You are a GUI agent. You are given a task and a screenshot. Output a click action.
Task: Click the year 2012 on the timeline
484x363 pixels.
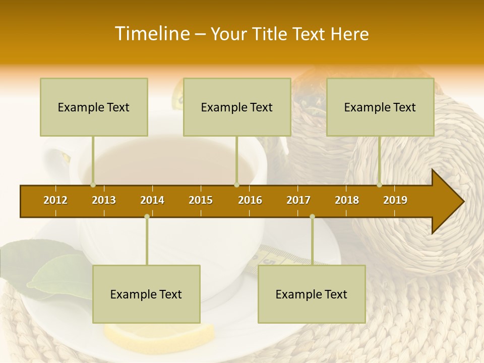pyautogui.click(x=55, y=200)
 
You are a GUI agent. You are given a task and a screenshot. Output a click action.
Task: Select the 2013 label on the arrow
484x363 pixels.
pyautogui.click(x=104, y=200)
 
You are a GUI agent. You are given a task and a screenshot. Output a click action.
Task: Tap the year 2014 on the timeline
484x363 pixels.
pyautogui.click(x=152, y=200)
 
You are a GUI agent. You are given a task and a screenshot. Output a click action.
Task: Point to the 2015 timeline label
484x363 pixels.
pyautogui.click(x=201, y=200)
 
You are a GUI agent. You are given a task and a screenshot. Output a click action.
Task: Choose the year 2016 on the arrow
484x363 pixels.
pyautogui.click(x=250, y=200)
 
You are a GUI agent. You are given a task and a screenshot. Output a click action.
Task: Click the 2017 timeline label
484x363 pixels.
pyautogui.click(x=298, y=200)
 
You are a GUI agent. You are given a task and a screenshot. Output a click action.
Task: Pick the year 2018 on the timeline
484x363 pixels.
pyautogui.click(x=347, y=200)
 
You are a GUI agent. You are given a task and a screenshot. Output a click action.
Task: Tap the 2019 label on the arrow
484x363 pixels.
pyautogui.click(x=395, y=200)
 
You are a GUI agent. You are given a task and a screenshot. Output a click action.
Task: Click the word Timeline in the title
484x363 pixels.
pyautogui.click(x=152, y=34)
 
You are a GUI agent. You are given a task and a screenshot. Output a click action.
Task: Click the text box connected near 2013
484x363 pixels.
pyautogui.click(x=94, y=107)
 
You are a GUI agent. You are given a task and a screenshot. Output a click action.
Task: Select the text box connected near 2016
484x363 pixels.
pyautogui.click(x=237, y=107)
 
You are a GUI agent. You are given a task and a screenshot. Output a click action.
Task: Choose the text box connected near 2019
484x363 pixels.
pyautogui.click(x=380, y=107)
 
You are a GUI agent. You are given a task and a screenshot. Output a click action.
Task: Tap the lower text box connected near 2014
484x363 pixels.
pyautogui.click(x=146, y=294)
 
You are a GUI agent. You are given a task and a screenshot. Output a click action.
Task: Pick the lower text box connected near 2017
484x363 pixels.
pyautogui.click(x=312, y=294)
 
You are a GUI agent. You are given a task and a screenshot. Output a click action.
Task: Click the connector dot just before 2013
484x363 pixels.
pyautogui.click(x=93, y=185)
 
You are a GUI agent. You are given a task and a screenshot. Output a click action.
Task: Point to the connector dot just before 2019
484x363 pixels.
pyautogui.click(x=379, y=185)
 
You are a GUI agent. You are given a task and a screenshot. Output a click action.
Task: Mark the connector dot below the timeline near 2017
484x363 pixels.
pyautogui.click(x=312, y=217)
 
